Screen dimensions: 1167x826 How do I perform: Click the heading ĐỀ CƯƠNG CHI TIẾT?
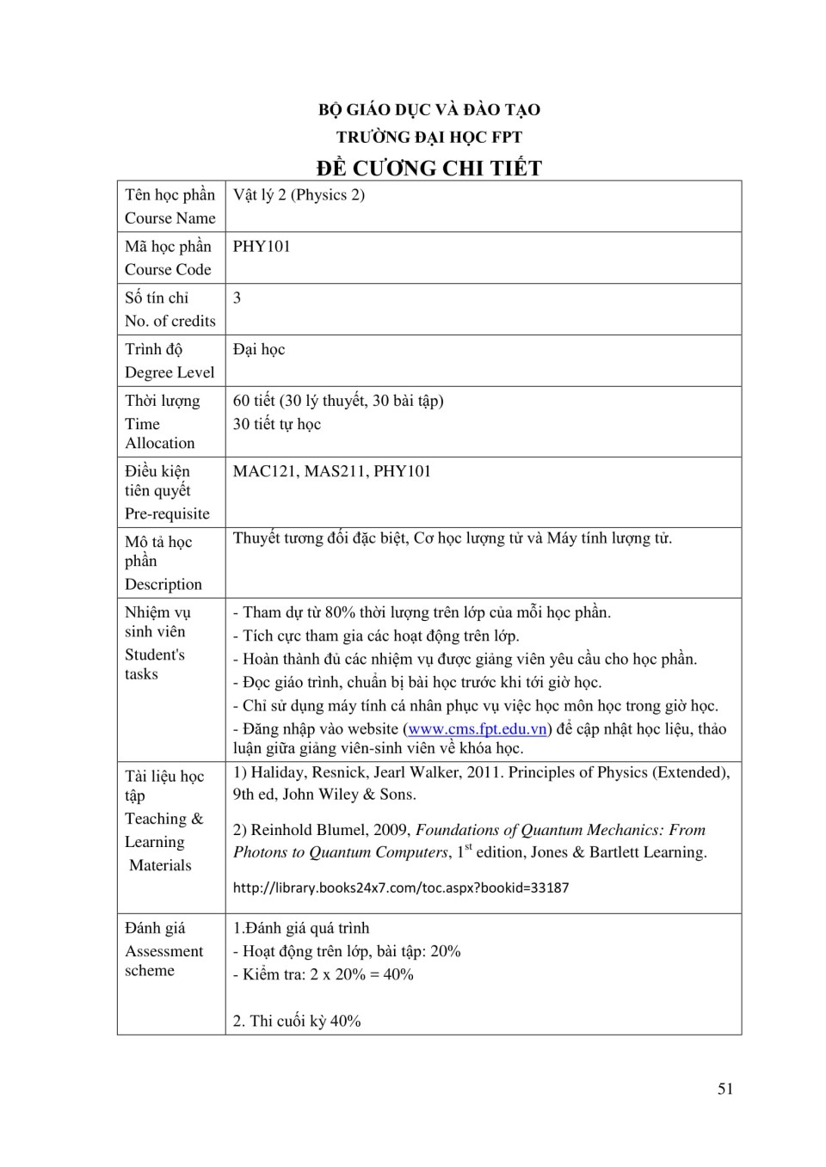pyautogui.click(x=428, y=168)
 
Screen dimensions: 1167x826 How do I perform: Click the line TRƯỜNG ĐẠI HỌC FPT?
pyautogui.click(x=428, y=137)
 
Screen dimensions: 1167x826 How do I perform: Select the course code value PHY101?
pyautogui.click(x=262, y=247)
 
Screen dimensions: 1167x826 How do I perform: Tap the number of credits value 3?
pyautogui.click(x=237, y=298)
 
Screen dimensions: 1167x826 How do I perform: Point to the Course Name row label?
pyautogui.click(x=170, y=206)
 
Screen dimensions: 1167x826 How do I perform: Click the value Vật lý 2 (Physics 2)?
pyautogui.click(x=299, y=195)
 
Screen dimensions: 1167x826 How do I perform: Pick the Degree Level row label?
pyautogui.click(x=170, y=361)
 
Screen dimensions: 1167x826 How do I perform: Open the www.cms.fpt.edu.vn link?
pyautogui.click(x=478, y=729)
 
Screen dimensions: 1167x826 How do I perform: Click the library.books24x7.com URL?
pyautogui.click(x=401, y=888)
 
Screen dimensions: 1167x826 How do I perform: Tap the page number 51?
pyautogui.click(x=725, y=1089)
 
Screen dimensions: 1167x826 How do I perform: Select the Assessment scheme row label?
pyautogui.click(x=163, y=949)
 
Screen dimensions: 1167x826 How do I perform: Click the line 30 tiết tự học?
pyautogui.click(x=277, y=424)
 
